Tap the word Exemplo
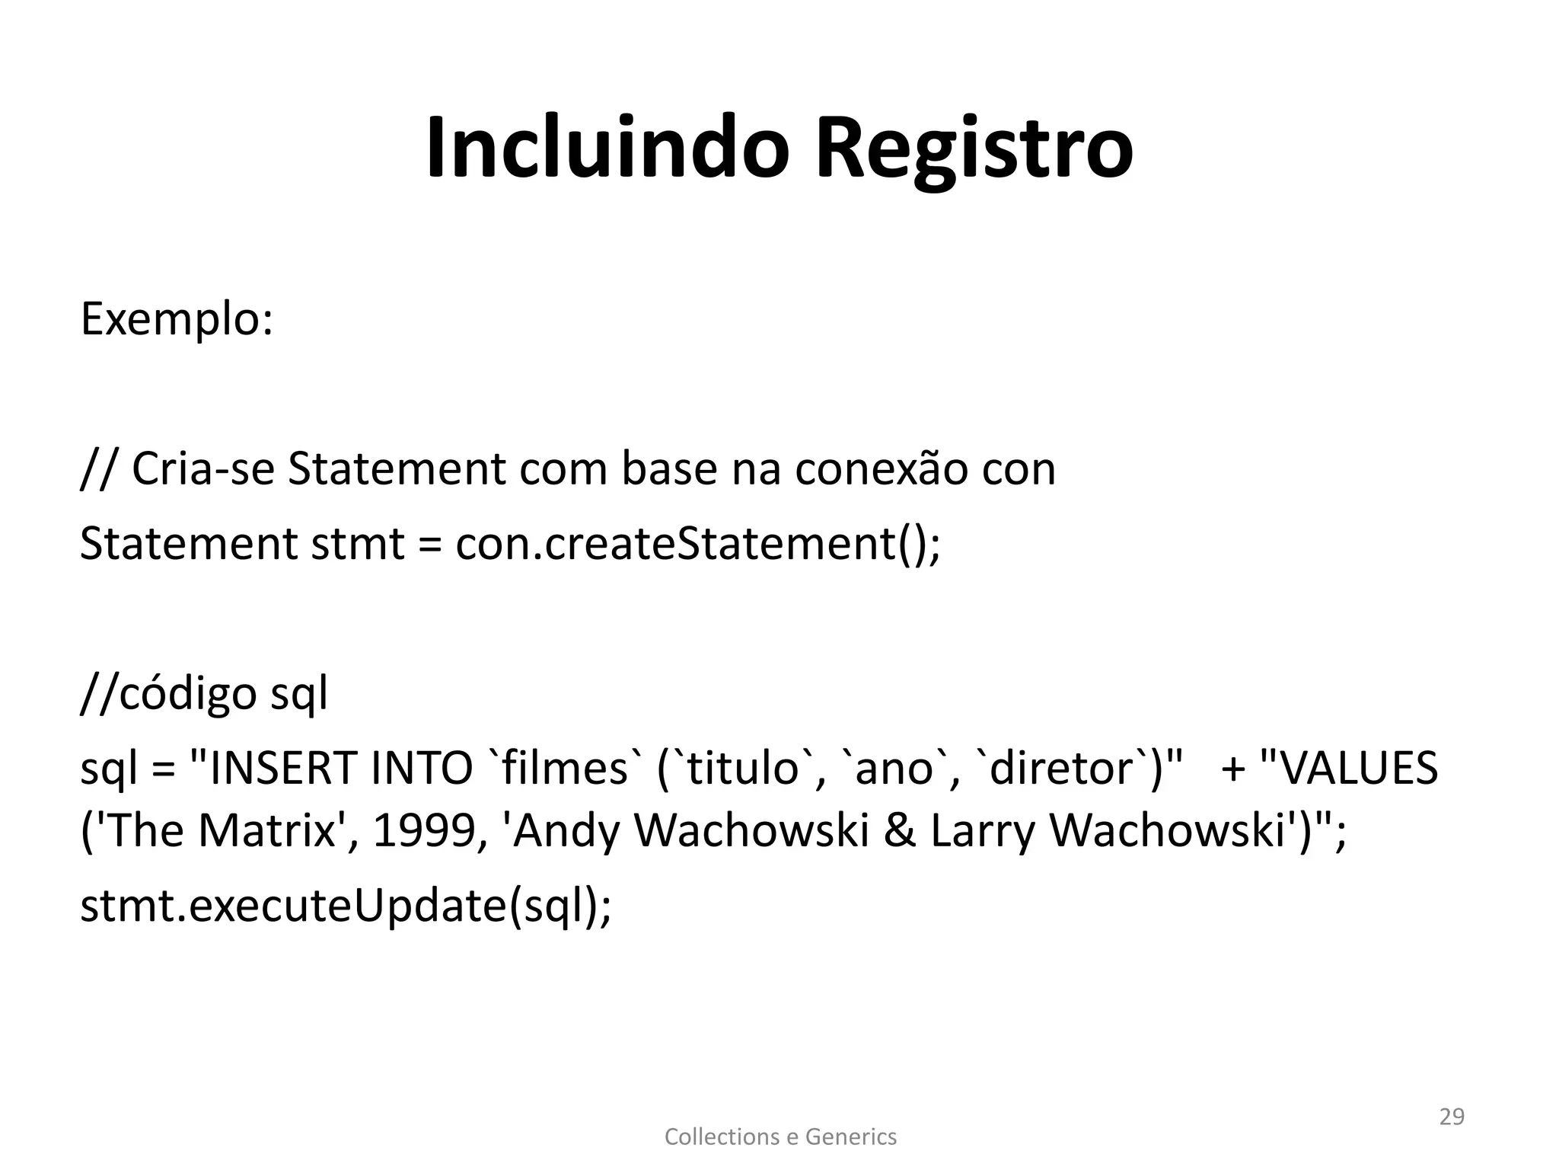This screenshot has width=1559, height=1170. pos(176,320)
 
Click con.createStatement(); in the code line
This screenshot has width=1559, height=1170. pos(698,544)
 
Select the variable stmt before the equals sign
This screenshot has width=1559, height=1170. pos(358,544)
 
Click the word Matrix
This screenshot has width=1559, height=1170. pos(266,830)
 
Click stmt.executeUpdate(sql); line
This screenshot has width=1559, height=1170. pos(346,906)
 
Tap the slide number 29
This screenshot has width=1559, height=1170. pos(1452,1117)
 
